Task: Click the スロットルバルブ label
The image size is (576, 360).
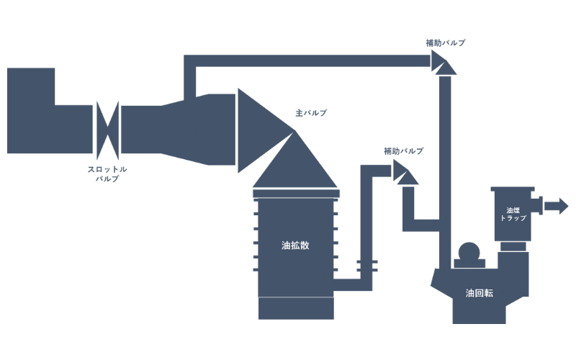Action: (107, 174)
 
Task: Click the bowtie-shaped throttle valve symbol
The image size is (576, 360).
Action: (107, 130)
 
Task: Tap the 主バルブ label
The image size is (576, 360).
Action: (311, 114)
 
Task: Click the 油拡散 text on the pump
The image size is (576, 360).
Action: (295, 245)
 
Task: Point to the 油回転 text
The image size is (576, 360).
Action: (480, 293)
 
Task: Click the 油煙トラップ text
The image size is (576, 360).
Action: (512, 213)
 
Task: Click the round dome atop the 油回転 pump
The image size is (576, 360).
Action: (469, 253)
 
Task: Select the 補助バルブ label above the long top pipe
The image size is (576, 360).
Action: (445, 42)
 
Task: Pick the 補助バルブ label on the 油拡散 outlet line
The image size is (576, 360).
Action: (403, 151)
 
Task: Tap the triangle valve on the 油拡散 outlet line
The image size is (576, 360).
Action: (405, 172)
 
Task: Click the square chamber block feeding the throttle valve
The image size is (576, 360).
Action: (31, 110)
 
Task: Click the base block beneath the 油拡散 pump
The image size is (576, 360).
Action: (296, 309)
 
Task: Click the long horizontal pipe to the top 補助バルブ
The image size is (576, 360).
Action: (310, 60)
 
